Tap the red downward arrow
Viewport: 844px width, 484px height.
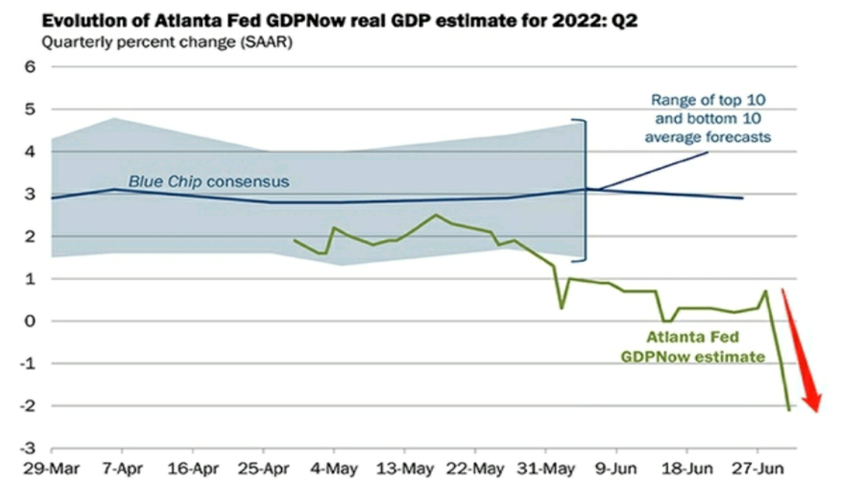pyautogui.click(x=802, y=353)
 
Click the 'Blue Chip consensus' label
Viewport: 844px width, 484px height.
pyautogui.click(x=208, y=181)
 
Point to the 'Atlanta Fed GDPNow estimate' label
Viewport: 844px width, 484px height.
pyautogui.click(x=693, y=347)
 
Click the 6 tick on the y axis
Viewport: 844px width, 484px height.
pyautogui.click(x=30, y=67)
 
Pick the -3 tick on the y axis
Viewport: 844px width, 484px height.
pyautogui.click(x=28, y=449)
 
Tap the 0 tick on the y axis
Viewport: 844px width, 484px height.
pyautogui.click(x=30, y=321)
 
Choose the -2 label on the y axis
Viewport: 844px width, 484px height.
pyautogui.click(x=28, y=406)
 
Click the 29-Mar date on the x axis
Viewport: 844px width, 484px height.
pyautogui.click(x=52, y=469)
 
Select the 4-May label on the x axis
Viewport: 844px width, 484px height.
pyautogui.click(x=334, y=469)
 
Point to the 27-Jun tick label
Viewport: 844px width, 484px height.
pyautogui.click(x=757, y=469)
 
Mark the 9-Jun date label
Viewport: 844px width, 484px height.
pyautogui.click(x=616, y=469)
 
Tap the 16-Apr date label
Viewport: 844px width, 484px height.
pyautogui.click(x=193, y=469)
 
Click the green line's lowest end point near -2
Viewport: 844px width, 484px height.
pyautogui.click(x=789, y=410)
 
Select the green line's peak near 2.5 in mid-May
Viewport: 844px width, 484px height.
pyautogui.click(x=436, y=215)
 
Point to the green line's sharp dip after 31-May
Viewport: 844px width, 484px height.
pyautogui.click(x=561, y=308)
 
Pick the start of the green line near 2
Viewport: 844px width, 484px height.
pyautogui.click(x=294, y=240)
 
